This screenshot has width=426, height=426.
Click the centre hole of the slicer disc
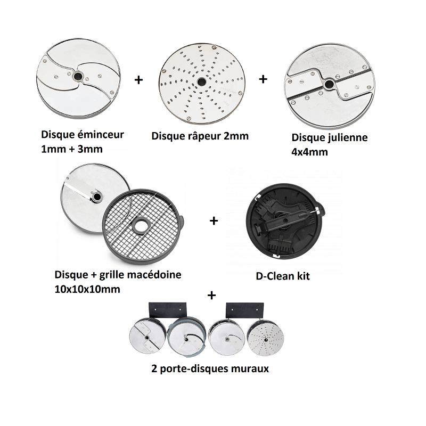point(78,77)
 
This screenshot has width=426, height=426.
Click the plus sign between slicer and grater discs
point(139,80)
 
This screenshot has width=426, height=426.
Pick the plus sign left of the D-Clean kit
point(214,220)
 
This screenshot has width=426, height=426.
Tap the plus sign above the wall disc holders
point(212,294)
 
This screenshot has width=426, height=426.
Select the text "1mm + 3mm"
point(71,149)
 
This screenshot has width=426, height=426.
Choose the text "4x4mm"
point(309,152)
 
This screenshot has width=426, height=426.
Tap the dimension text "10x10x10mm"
point(87,290)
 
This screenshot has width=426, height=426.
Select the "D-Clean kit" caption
point(283,276)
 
